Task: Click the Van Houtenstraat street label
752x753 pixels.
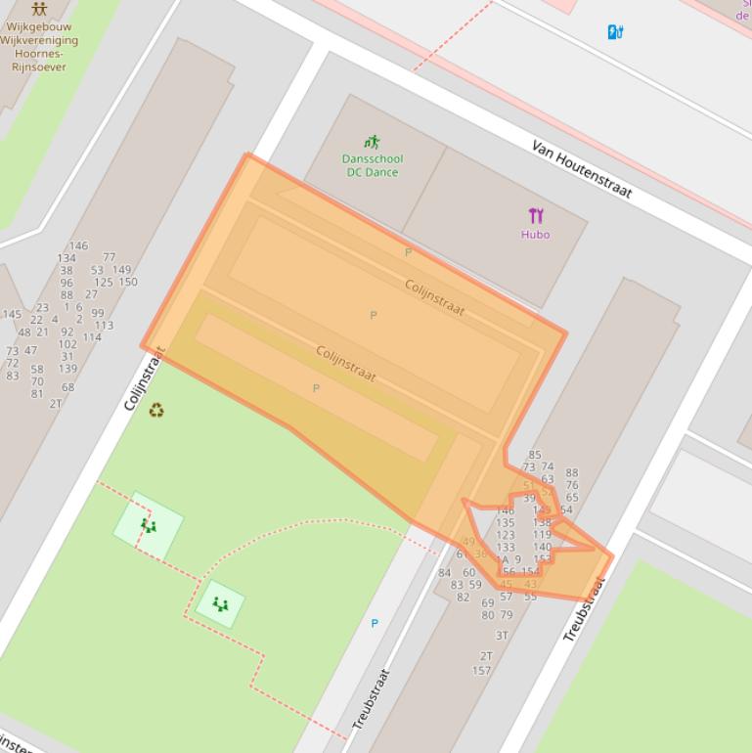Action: coord(582,167)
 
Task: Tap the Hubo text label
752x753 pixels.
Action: coord(535,235)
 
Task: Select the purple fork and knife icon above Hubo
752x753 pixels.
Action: coord(535,216)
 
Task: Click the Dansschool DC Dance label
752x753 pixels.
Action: coord(372,165)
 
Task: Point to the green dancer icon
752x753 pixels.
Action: coord(372,142)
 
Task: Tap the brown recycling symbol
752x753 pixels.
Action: coord(156,411)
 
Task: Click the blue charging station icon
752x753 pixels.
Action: coord(615,32)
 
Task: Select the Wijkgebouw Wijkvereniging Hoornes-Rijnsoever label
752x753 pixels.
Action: coord(41,47)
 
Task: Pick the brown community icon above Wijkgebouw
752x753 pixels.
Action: coord(39,9)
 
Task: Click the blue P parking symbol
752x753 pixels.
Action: coord(374,623)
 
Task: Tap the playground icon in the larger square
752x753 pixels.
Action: coord(148,526)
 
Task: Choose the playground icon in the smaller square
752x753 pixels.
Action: coord(220,604)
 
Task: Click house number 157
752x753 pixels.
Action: coord(481,671)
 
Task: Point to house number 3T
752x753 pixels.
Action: coord(502,636)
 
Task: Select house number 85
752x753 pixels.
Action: coord(534,455)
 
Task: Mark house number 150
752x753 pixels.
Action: coord(128,283)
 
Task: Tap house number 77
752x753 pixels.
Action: coord(109,257)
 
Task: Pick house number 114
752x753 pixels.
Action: coord(92,337)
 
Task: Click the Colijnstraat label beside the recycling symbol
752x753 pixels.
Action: coord(145,379)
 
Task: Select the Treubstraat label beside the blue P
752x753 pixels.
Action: coord(371,698)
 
